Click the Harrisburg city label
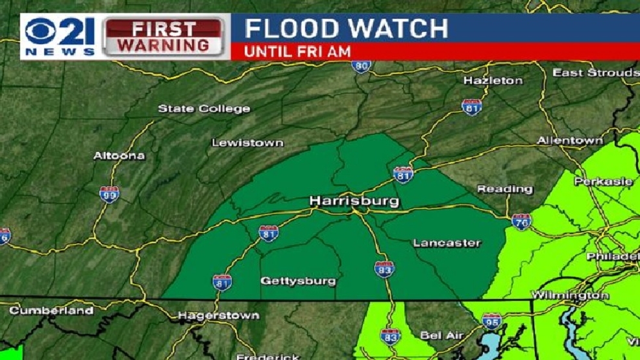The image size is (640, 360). pos(354,201)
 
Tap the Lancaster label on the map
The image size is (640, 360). pos(447,243)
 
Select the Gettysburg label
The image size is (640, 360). pos(298,281)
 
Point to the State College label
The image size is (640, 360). pos(204,109)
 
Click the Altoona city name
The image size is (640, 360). pos(119,156)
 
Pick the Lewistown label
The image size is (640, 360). pos(247,143)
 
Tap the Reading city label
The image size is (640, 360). pos(505,189)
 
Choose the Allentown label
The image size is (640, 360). pos(570,141)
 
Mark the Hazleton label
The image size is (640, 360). pos(493,81)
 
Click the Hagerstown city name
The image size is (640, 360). pos(219,316)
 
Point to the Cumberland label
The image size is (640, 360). pos(51,311)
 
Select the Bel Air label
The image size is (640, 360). pos(441,335)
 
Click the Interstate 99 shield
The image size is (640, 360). pos(109,193)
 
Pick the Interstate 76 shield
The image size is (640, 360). pos(521,221)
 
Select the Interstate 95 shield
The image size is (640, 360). pos(491,320)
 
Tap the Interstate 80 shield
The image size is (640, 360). pos(361,66)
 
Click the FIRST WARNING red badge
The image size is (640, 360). pos(165,37)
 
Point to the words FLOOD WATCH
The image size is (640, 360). pos(346,29)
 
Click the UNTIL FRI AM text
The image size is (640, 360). pos(297,51)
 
